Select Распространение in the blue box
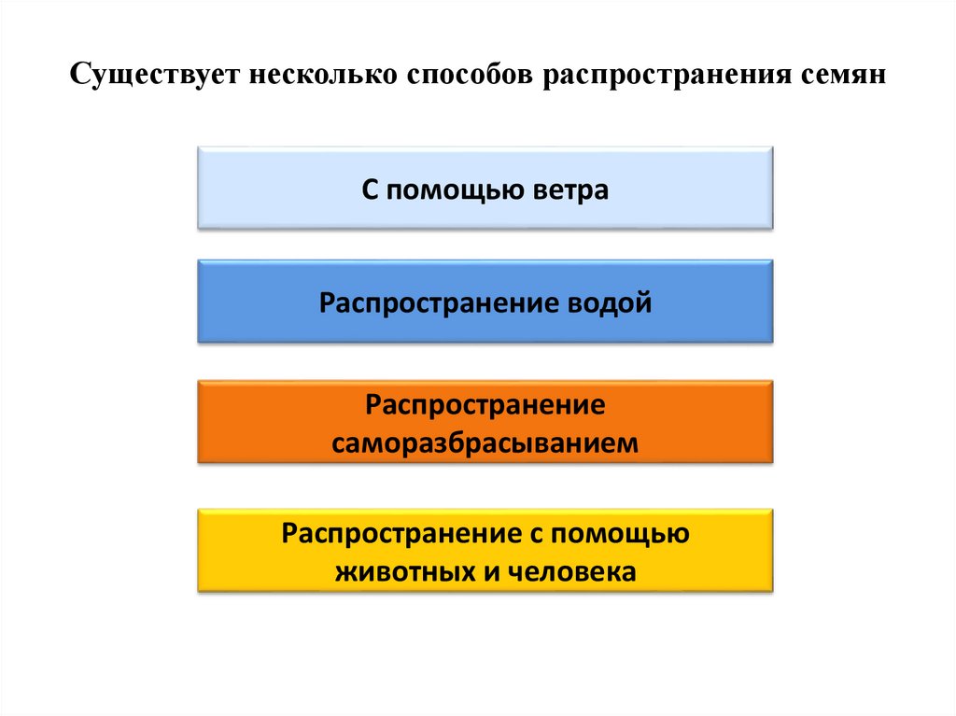tap(438, 303)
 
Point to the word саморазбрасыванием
tap(485, 442)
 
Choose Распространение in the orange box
tap(485, 406)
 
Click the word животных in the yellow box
tap(403, 571)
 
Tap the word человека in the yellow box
tap(572, 571)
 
